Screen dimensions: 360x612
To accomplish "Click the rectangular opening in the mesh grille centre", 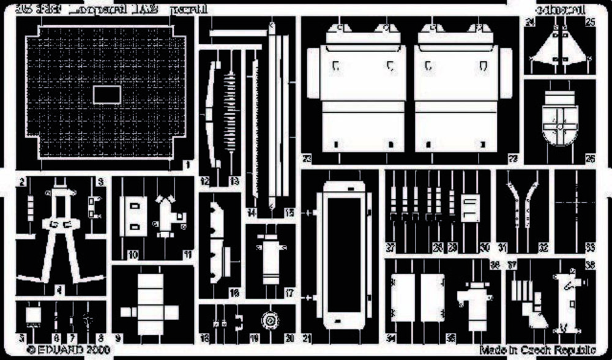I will click(106, 94).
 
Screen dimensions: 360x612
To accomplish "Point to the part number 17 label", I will click(291, 294).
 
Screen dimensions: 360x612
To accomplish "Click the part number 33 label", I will click(590, 247).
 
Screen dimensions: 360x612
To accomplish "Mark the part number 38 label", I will click(591, 265).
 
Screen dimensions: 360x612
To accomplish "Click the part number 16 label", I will click(234, 294).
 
